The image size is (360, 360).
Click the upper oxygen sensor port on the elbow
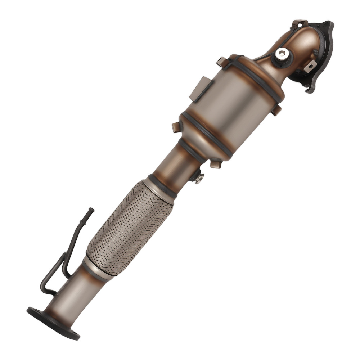click(281, 54)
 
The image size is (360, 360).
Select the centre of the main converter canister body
click(230, 108)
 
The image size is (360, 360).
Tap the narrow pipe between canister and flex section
click(180, 162)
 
